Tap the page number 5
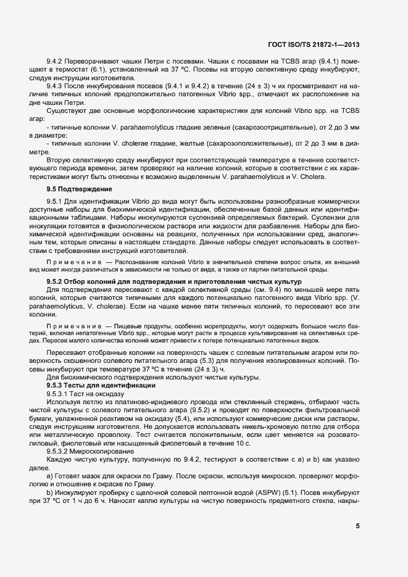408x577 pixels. tap(358, 526)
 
